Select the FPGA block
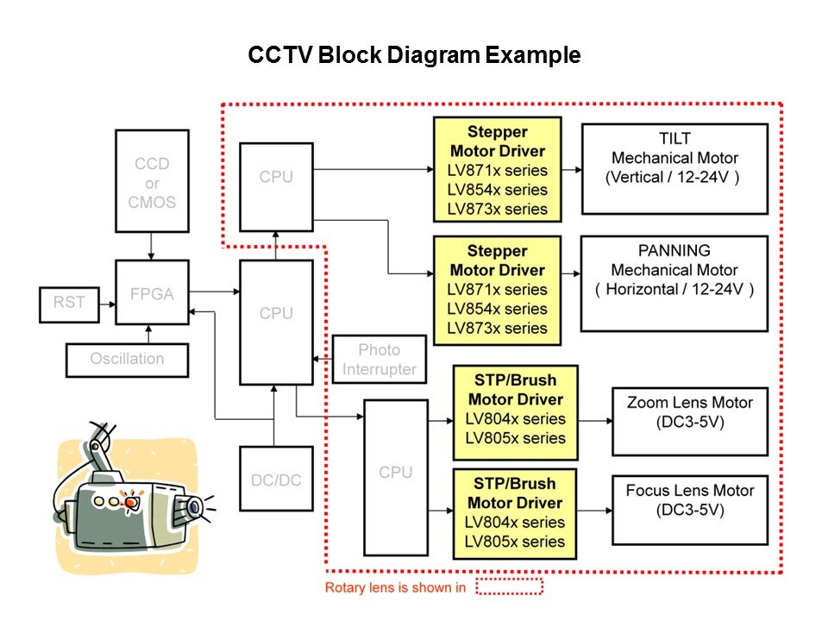pyautogui.click(x=152, y=293)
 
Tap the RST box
pyautogui.click(x=70, y=303)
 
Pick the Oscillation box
pyautogui.click(x=127, y=359)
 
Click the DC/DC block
pyautogui.click(x=276, y=480)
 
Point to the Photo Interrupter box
pyautogui.click(x=379, y=360)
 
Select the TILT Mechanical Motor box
pyautogui.click(x=674, y=168)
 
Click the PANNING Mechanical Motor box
pyautogui.click(x=674, y=282)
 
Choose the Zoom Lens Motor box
pyautogui.click(x=689, y=421)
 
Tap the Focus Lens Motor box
pyautogui.click(x=689, y=509)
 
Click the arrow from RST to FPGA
pyautogui.click(x=108, y=303)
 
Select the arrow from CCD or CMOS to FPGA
pyautogui.click(x=152, y=245)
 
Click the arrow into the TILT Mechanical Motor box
pyautogui.click(x=571, y=168)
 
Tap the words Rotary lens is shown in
pyautogui.click(x=395, y=588)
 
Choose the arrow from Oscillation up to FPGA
pyautogui.click(x=152, y=334)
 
